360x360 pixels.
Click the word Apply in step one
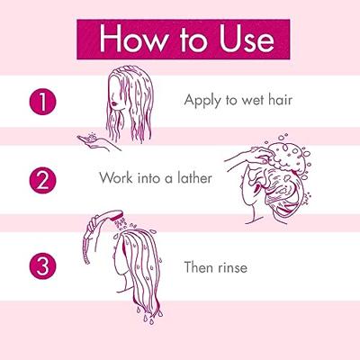pos(202,101)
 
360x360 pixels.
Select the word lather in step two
pos(193,177)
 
